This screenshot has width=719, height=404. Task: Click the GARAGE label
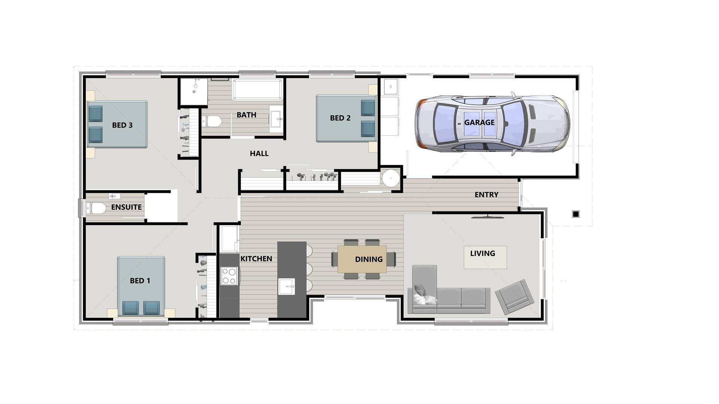pyautogui.click(x=479, y=122)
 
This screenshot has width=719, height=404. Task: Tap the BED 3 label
pyautogui.click(x=122, y=125)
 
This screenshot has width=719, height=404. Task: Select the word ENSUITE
pyautogui.click(x=126, y=207)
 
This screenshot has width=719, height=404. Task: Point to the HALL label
pyautogui.click(x=259, y=153)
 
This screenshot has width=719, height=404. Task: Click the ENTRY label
pyautogui.click(x=486, y=195)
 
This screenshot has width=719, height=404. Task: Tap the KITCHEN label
pyautogui.click(x=256, y=258)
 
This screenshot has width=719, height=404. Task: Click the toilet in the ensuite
pyautogui.click(x=96, y=208)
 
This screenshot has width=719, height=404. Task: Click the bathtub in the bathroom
pyautogui.click(x=258, y=90)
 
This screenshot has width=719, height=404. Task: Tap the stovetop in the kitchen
pyautogui.click(x=229, y=276)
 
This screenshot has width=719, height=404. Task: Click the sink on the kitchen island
pyautogui.click(x=286, y=287)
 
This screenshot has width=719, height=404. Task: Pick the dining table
pyautogui.click(x=362, y=259)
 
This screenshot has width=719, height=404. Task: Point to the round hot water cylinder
pyautogui.click(x=391, y=178)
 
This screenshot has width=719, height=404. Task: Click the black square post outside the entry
pyautogui.click(x=576, y=214)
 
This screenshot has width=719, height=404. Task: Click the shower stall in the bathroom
pyautogui.click(x=194, y=92)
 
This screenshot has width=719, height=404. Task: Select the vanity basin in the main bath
pyautogui.click(x=277, y=119)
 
